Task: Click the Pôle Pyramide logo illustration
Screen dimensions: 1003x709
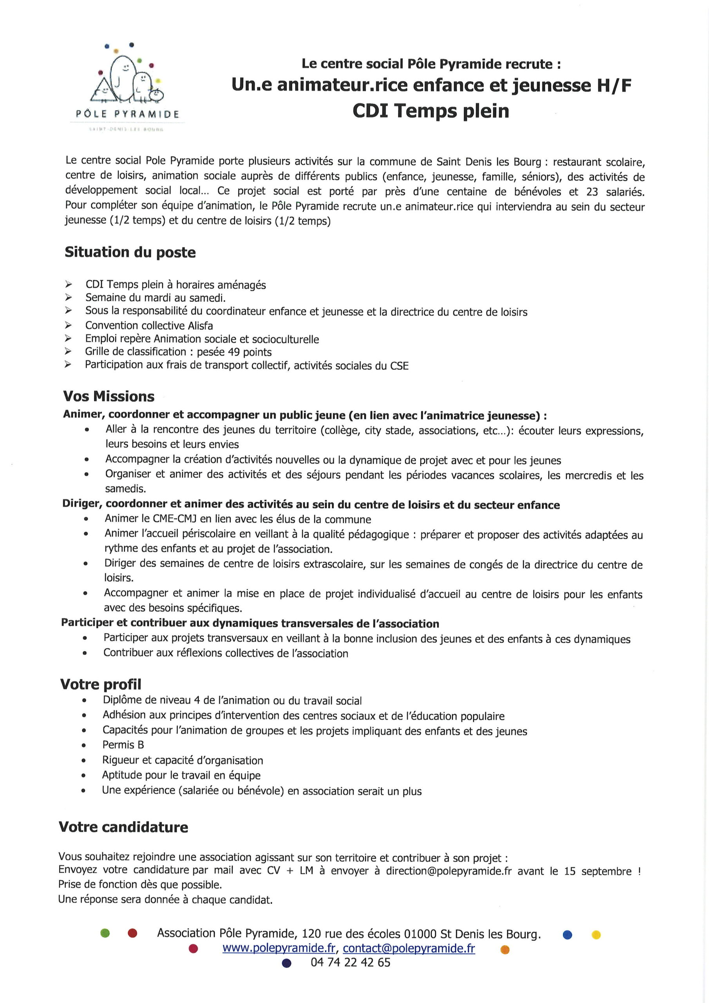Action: [127, 76]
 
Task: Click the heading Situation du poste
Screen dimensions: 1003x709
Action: [130, 252]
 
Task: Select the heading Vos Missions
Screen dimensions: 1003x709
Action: [109, 396]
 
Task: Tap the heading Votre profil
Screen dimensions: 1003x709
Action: [101, 684]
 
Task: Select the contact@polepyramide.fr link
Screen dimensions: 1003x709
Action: [409, 948]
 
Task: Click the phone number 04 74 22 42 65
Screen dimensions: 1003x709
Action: [350, 962]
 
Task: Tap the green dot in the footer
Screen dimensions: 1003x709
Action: [105, 933]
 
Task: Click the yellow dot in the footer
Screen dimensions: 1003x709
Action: [596, 935]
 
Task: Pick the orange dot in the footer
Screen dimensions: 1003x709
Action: [505, 949]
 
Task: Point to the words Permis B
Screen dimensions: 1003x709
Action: [123, 744]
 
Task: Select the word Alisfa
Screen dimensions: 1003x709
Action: [200, 326]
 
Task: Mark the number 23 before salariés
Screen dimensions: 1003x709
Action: [592, 192]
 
